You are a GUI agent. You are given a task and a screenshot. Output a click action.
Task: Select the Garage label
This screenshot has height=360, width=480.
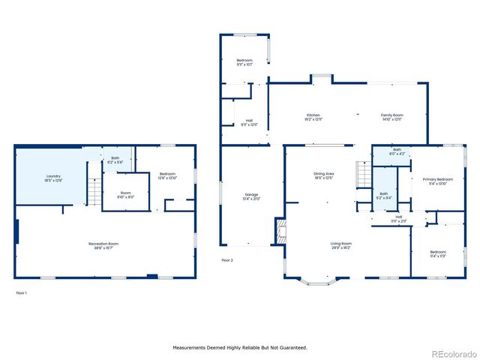tap(251, 196)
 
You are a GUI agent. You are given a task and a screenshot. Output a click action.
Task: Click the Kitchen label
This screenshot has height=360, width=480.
tap(313, 117)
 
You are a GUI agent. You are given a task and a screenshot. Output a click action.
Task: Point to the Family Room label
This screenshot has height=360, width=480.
tap(392, 117)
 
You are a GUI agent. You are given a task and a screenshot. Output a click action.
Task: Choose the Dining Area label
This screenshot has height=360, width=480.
tap(323, 175)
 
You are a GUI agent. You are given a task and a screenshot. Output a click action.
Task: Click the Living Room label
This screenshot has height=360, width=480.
tap(341, 245)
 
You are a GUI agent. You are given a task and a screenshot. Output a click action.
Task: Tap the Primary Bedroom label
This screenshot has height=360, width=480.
tap(438, 181)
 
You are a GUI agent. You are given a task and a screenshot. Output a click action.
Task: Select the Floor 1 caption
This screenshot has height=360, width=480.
tap(21, 292)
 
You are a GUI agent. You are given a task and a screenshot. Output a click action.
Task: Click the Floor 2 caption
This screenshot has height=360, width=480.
tap(227, 260)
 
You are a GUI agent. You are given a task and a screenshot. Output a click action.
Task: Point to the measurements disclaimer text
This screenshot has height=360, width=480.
tap(240, 347)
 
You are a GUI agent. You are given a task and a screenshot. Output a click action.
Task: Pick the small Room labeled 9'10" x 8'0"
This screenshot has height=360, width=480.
tap(125, 195)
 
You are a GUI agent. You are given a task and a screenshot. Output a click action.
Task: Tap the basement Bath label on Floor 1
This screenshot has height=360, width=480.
tap(115, 160)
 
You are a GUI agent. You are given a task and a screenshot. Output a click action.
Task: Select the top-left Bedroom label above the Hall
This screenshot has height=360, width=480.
tap(244, 61)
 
